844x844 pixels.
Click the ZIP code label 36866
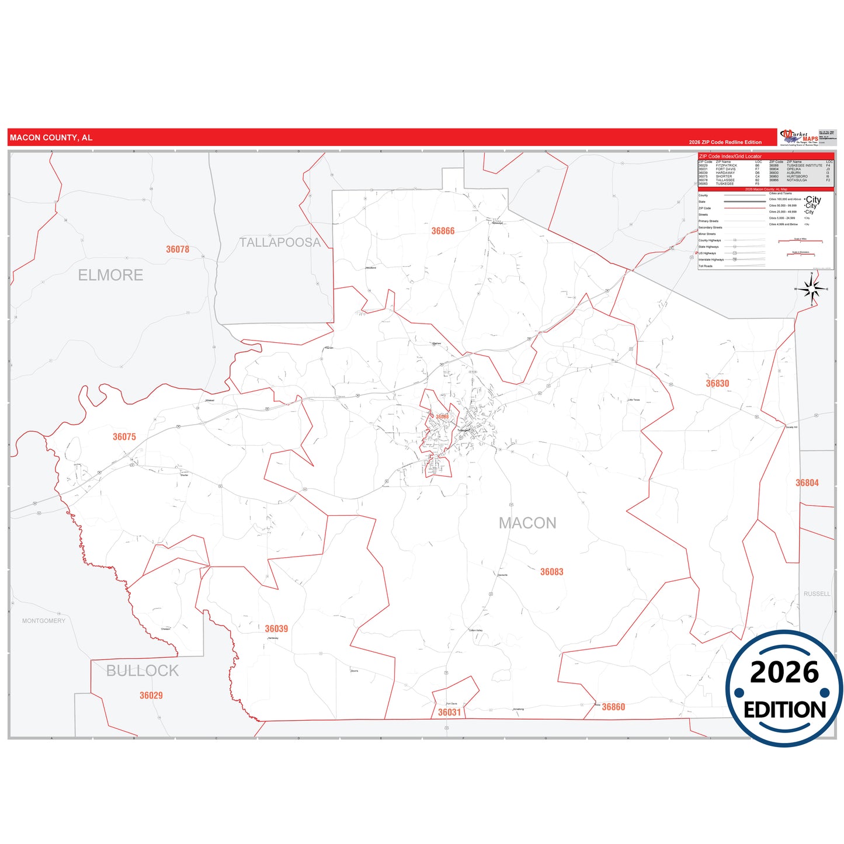443,231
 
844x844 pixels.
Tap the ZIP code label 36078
178,249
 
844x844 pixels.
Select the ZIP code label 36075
124,437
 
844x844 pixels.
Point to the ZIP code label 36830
717,384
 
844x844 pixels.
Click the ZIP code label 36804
807,483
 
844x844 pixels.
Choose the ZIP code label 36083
551,572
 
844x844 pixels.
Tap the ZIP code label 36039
276,629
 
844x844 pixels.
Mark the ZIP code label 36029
151,696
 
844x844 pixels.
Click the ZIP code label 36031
449,713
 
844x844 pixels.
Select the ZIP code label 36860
613,707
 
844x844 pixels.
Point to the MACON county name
527,523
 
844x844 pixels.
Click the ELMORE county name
110,275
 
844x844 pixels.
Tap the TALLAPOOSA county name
280,242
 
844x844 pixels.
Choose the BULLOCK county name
143,671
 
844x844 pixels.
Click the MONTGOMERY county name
44,621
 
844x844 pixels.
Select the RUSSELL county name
817,594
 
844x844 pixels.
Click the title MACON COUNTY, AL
51,138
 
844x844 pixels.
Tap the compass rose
811,289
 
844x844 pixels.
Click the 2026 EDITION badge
784,689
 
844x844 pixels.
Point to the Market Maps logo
799,138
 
